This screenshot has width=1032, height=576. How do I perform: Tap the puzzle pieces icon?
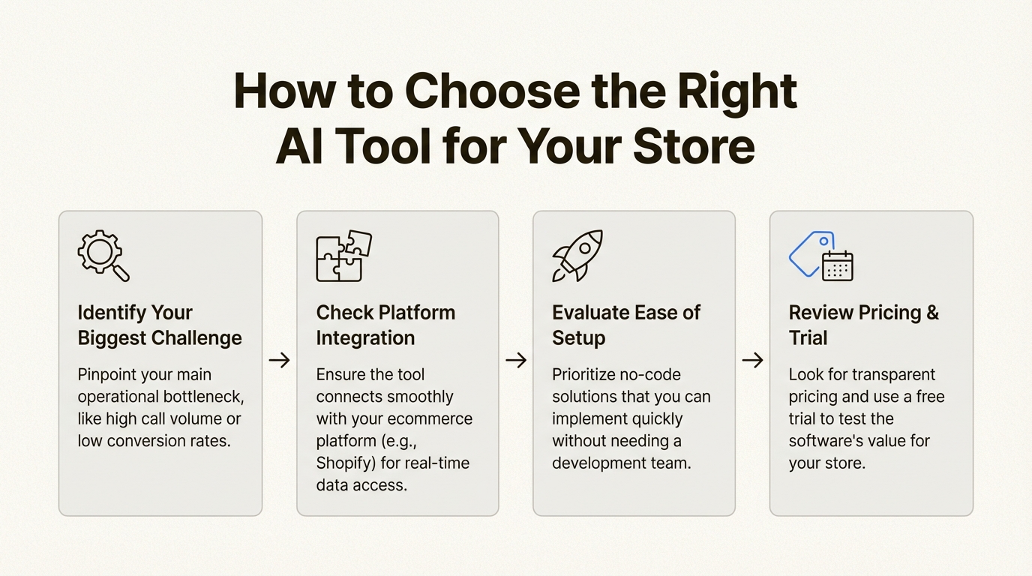pyautogui.click(x=343, y=256)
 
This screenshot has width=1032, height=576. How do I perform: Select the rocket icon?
pyautogui.click(x=577, y=256)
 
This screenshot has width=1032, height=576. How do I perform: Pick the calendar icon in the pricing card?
pyautogui.click(x=837, y=265)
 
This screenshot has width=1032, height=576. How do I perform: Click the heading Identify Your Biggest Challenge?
pyautogui.click(x=159, y=325)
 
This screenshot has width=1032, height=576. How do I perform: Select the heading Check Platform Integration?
pyautogui.click(x=385, y=325)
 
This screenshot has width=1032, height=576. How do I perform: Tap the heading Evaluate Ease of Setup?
pyautogui.click(x=625, y=325)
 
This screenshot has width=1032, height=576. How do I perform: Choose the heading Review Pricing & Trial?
pyautogui.click(x=863, y=325)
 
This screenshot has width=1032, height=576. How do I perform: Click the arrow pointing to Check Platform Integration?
pyautogui.click(x=279, y=361)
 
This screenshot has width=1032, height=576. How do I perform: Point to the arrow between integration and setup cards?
pyautogui.click(x=515, y=361)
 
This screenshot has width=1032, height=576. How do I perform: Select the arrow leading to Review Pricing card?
pyautogui.click(x=752, y=361)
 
